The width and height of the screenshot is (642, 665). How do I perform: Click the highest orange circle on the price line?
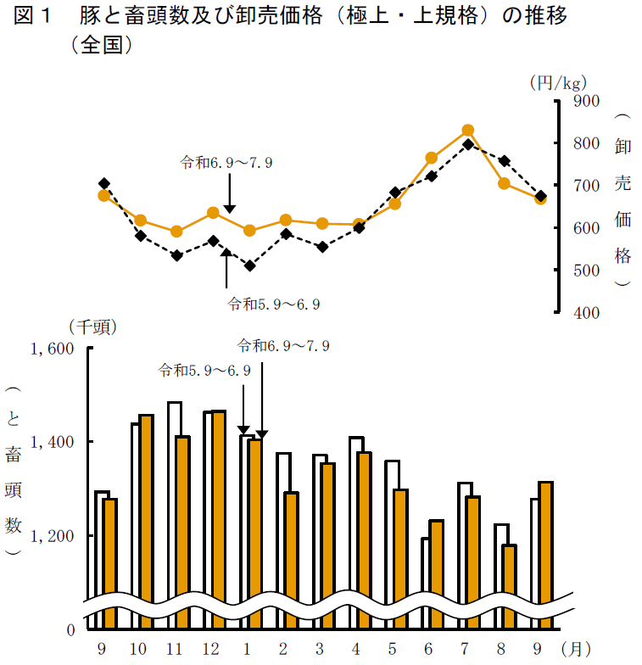coord(467,131)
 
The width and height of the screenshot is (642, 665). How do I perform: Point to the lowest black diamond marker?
coord(249,265)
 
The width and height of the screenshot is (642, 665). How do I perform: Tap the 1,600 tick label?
coord(53,349)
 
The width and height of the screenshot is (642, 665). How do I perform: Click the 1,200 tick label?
coord(53,536)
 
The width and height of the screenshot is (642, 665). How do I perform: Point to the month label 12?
coord(211,650)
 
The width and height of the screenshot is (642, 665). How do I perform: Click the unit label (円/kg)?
coord(557,82)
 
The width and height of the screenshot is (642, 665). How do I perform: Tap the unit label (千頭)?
coord(92,327)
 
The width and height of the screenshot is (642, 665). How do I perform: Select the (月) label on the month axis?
coord(577,650)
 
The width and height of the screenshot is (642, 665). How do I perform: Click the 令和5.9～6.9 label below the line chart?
coord(273,302)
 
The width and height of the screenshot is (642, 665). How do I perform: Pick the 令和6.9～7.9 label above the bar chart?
coord(282,345)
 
